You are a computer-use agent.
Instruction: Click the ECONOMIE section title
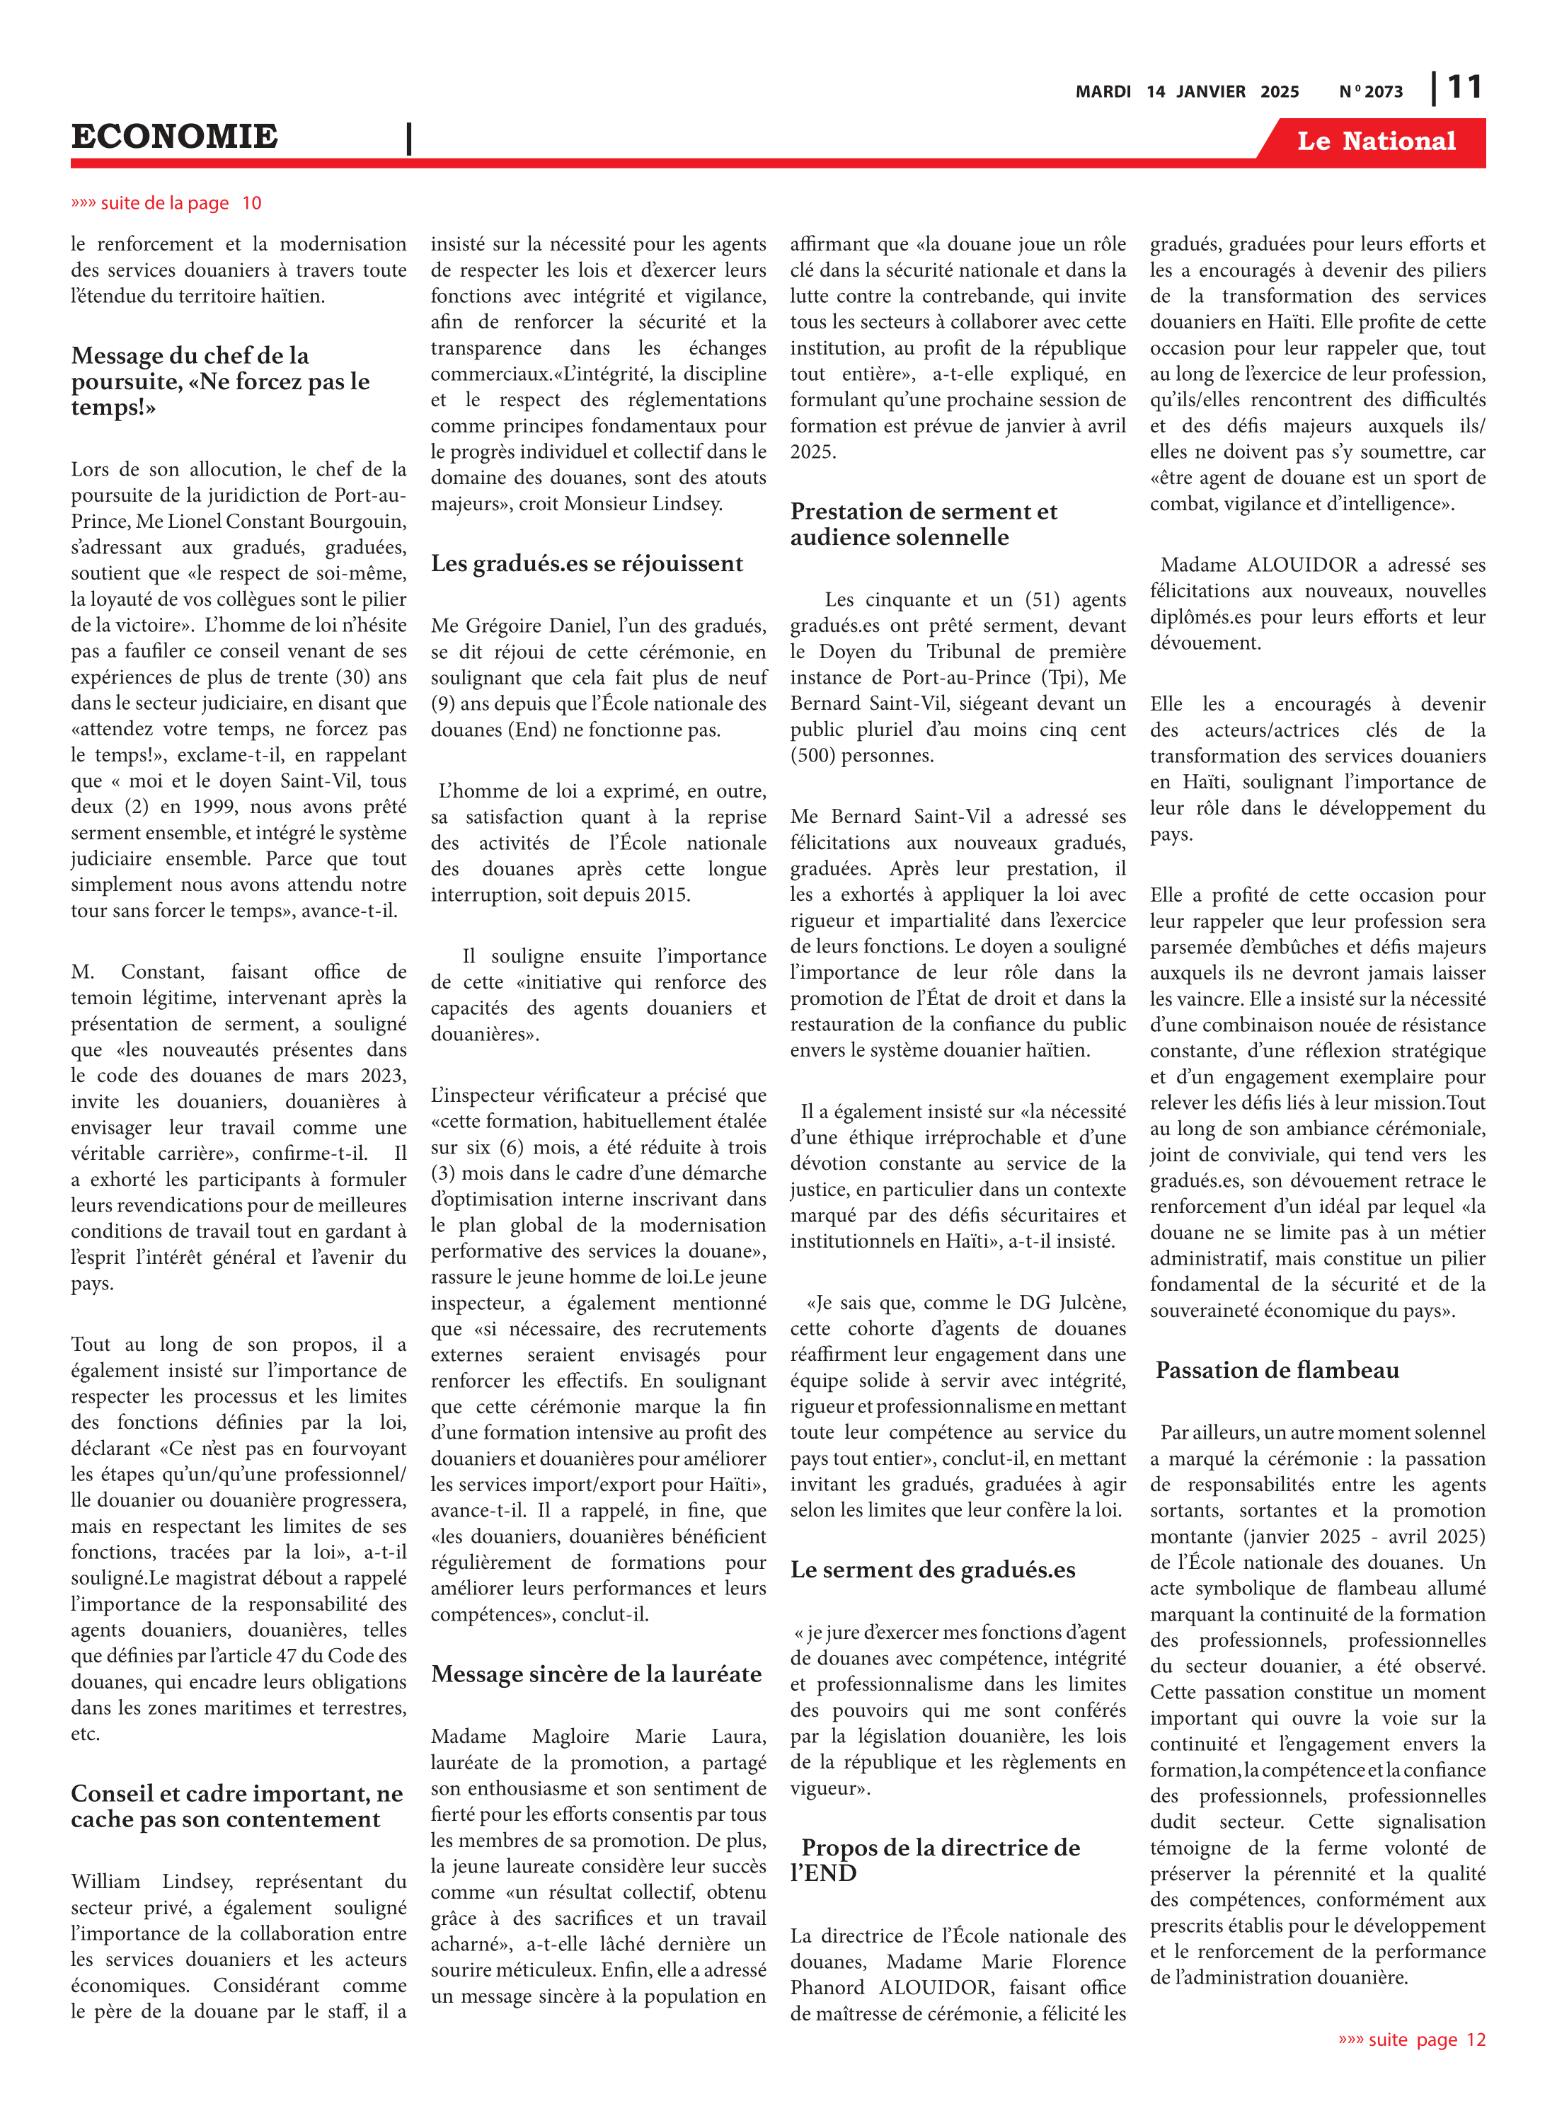174,137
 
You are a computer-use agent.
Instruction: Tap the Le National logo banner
1375,142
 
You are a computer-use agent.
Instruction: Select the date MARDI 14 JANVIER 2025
1187,91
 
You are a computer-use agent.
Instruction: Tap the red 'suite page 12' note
1411,2039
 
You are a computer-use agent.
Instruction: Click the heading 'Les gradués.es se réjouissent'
586,563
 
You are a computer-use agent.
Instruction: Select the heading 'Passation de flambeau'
1276,1370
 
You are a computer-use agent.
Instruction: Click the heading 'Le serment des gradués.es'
932,1570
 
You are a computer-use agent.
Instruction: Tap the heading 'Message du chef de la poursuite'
219,381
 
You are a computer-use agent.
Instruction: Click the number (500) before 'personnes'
812,756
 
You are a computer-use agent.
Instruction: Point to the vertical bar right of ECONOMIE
409,139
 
